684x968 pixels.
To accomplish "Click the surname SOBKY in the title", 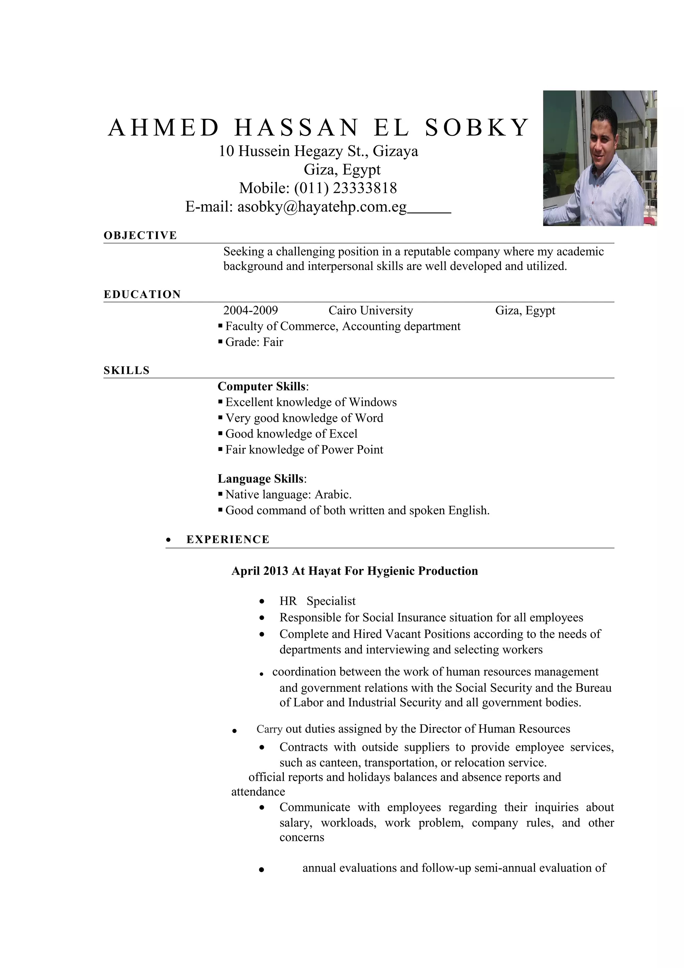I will point(476,128).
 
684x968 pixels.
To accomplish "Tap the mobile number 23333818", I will point(365,188).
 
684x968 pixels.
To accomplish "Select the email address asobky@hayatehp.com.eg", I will point(322,206).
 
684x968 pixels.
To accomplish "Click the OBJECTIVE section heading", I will point(140,235).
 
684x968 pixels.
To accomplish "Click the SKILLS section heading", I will point(127,370).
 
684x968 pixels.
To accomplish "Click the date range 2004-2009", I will point(250,311).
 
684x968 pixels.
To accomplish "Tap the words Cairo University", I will point(370,311).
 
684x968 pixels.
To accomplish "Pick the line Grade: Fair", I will point(254,342).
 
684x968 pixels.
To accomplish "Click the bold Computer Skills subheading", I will point(261,386).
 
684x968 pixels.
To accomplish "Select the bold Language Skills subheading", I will point(261,479).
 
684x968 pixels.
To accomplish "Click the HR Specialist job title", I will point(317,601).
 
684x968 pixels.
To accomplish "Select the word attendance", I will point(258,792).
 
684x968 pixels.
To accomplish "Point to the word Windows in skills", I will point(372,402).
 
